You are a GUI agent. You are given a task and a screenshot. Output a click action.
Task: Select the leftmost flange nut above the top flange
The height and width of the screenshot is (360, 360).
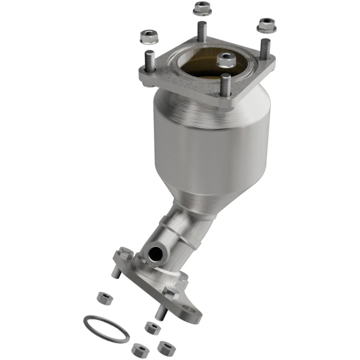pyautogui.click(x=148, y=36)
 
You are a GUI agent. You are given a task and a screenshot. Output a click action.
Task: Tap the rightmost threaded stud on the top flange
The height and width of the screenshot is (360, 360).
pyautogui.click(x=265, y=49)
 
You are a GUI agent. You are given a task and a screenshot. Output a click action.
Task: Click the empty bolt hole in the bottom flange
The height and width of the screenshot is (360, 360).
pyautogui.click(x=194, y=312)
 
